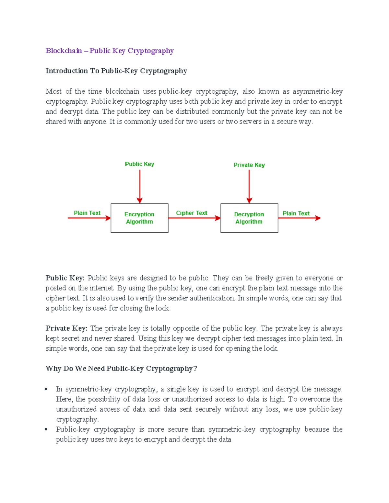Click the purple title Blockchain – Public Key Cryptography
click(110, 51)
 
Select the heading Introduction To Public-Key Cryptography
click(116, 71)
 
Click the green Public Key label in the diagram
click(139, 164)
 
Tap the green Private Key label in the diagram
click(249, 165)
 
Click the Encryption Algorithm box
click(139, 218)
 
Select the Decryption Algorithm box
click(249, 218)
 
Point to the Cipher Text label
click(191, 213)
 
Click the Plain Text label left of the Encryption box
click(87, 213)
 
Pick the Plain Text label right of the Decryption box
click(296, 213)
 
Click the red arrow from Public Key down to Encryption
click(140, 186)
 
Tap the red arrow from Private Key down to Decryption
click(249, 186)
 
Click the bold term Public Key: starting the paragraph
click(65, 278)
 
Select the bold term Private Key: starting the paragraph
click(66, 328)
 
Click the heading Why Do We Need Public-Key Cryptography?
click(121, 369)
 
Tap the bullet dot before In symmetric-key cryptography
click(47, 389)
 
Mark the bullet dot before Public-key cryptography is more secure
click(47, 429)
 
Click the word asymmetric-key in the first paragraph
click(317, 92)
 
